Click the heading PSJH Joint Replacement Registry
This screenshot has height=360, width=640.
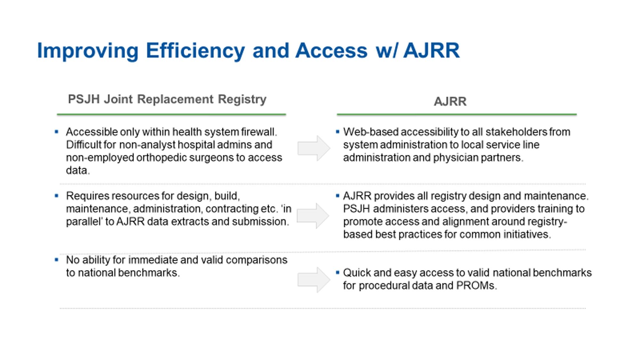[x=167, y=99]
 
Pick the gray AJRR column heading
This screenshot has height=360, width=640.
[x=450, y=101]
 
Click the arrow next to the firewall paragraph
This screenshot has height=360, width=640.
[x=314, y=148]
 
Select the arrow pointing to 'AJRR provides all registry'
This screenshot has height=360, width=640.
[x=313, y=216]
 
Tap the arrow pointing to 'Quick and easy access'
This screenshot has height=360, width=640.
[x=314, y=280]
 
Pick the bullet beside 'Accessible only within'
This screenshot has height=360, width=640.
[x=57, y=132]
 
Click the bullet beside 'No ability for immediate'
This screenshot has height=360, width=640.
[x=57, y=260]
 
